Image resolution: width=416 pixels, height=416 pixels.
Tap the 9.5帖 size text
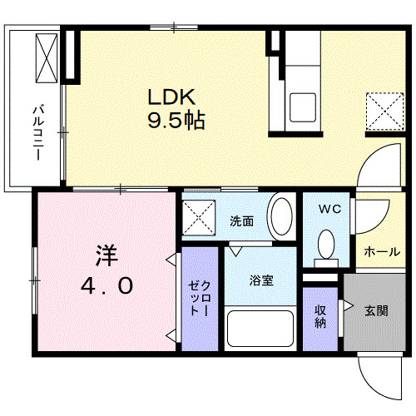click(176, 121)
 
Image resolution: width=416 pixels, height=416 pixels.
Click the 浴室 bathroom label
click(261, 280)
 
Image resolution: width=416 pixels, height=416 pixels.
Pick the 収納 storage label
click(320, 317)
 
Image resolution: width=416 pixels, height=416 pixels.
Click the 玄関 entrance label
click(375, 311)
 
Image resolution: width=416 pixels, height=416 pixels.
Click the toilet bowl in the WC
click(327, 245)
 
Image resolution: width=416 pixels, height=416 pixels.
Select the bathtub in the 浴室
click(260, 329)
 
